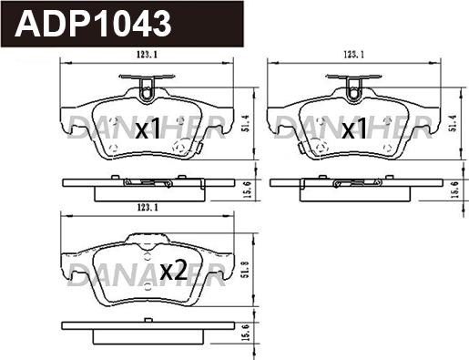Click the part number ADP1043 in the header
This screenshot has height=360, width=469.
coord(95,24)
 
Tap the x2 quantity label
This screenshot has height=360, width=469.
coord(173,271)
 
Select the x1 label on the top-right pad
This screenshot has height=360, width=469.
coord(353,130)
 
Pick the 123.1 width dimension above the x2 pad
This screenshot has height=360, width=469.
coord(148,209)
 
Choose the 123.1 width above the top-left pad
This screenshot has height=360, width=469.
coord(148,55)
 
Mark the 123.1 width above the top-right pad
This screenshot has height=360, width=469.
coord(353,55)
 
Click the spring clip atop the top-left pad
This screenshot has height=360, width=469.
coord(147,88)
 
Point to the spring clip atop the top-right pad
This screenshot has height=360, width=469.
coord(353,88)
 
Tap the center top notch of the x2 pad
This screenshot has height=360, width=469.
coord(146,238)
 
